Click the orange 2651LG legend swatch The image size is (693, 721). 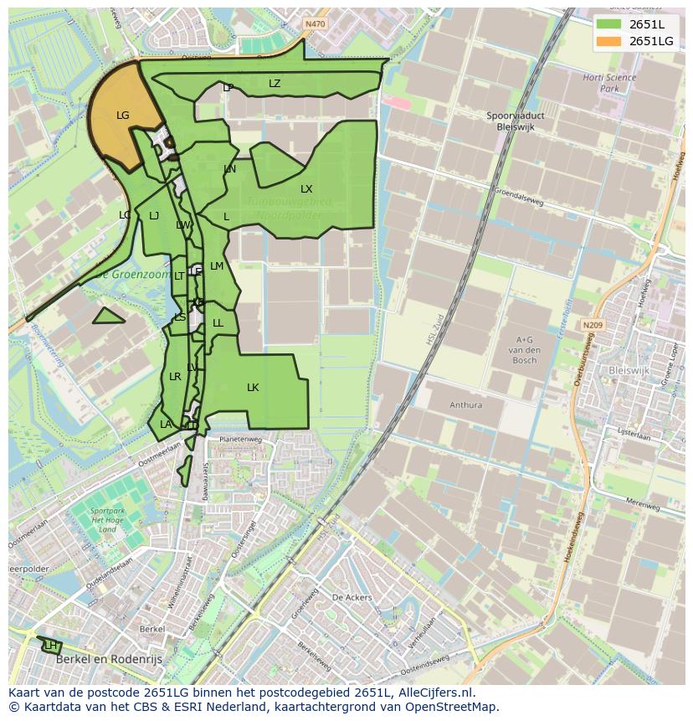[x=609, y=41]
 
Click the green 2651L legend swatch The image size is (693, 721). [x=609, y=24]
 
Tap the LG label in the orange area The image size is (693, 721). [x=123, y=116]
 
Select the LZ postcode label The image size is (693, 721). [x=275, y=84]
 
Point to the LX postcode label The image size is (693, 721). [x=306, y=189]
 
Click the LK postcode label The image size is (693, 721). [x=253, y=388]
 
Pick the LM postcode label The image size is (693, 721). [x=217, y=266]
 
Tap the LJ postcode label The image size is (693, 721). [x=154, y=216]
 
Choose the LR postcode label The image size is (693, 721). [x=175, y=377]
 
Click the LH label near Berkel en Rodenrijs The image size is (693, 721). [x=51, y=646]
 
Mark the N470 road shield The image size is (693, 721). [x=315, y=24]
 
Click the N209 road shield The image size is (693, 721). [x=593, y=325]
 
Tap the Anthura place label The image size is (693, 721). [x=465, y=405]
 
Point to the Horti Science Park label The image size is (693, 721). [x=609, y=83]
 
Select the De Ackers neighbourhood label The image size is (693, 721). [x=352, y=598]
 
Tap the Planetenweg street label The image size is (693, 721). [x=240, y=439]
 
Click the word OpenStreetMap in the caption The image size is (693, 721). [x=455, y=707]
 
